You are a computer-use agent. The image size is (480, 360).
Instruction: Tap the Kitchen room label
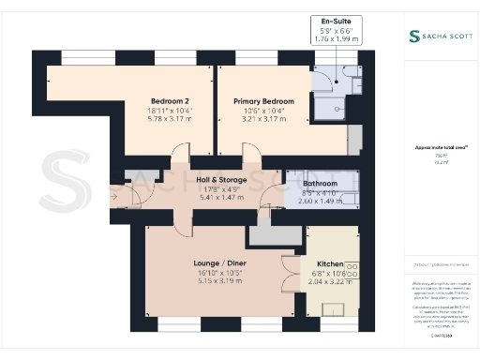coord(330,264)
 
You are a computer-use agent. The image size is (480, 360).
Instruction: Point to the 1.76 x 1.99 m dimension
coord(336,38)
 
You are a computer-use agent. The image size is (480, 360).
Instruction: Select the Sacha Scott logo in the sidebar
coord(439,37)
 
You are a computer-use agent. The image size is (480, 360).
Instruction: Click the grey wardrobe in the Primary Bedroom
coord(353,139)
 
